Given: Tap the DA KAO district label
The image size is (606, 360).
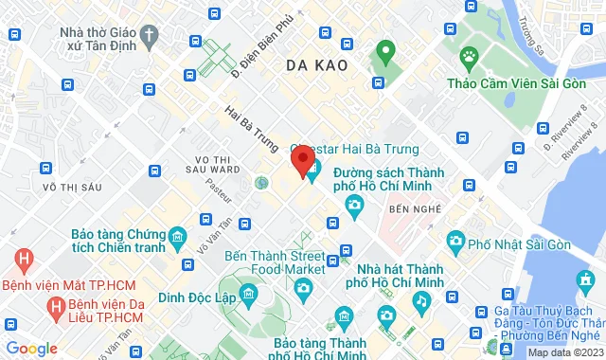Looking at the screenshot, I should (317, 65).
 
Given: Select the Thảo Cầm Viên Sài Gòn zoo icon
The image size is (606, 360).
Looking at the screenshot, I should (468, 55).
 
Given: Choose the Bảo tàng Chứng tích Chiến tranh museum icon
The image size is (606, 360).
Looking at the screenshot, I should (176, 235).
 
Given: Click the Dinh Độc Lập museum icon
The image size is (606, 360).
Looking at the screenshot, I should (249, 294).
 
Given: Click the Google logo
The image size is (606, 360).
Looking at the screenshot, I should (32, 348).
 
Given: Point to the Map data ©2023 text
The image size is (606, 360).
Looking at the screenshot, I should (564, 352).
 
